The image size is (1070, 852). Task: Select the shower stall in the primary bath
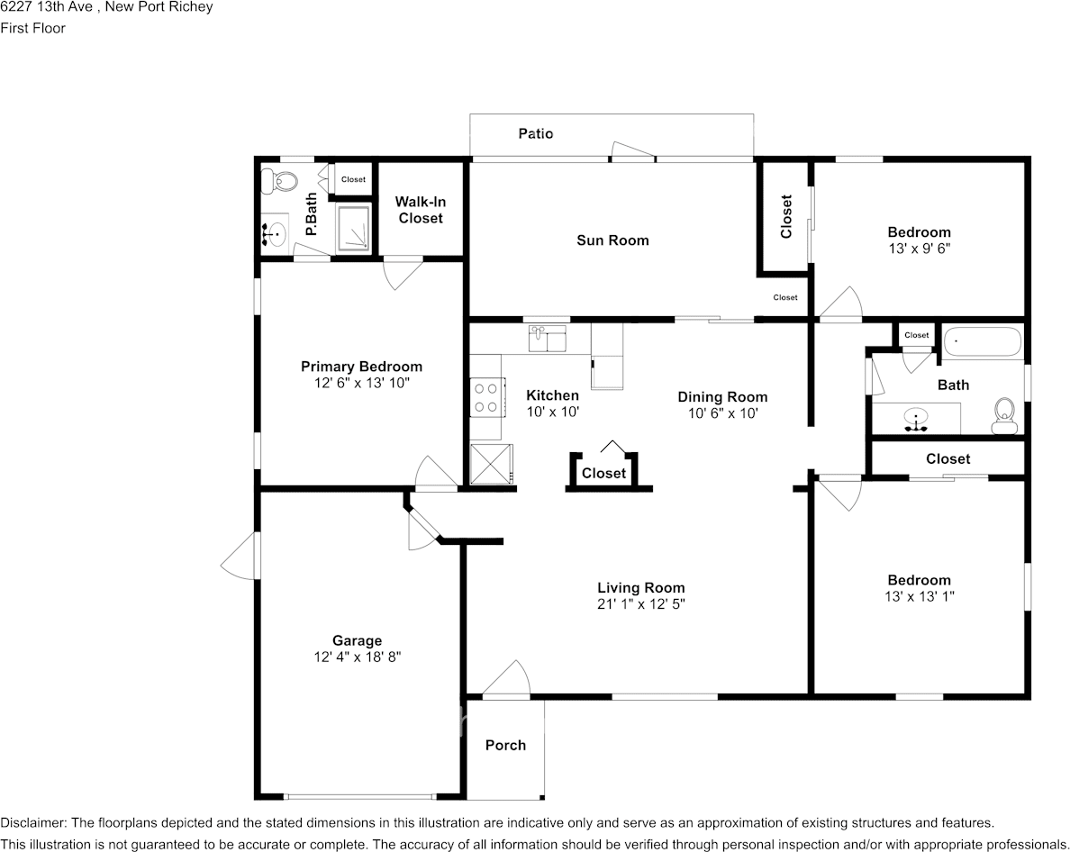[x=353, y=226]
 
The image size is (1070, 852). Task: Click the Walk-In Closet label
[x=421, y=210]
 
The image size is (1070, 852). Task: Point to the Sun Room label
[x=612, y=240]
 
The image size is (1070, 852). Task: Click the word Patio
[x=536, y=133]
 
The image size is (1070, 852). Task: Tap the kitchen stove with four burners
[x=486, y=398]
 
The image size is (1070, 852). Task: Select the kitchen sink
[x=548, y=340]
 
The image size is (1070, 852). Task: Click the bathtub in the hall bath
[x=983, y=342]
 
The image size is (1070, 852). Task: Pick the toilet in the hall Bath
[x=1004, y=415]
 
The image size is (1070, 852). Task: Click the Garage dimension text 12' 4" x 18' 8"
[x=357, y=657]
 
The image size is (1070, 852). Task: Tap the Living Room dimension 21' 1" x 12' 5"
[x=640, y=604]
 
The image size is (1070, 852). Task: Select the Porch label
[x=505, y=745]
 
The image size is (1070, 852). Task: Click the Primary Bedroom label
[x=361, y=367]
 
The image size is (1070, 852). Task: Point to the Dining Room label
[x=722, y=396]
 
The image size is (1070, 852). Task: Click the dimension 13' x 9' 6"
[x=919, y=248]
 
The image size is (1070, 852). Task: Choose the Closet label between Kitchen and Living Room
[x=603, y=473]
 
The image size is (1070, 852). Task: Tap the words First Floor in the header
[x=33, y=28]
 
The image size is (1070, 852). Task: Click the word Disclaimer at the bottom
[x=32, y=823]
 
